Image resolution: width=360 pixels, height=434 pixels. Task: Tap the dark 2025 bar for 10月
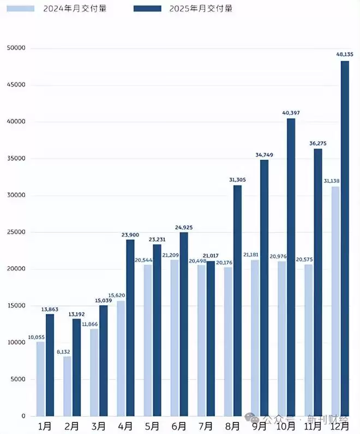coord(291,267)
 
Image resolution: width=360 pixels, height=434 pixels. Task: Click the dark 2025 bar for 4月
coord(130,328)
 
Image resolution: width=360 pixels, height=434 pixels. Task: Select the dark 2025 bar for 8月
coord(237,300)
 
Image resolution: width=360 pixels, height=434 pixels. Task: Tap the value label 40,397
coord(290,112)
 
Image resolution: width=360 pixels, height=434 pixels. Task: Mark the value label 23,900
coord(130,234)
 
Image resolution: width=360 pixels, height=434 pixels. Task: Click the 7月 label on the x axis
coord(206,425)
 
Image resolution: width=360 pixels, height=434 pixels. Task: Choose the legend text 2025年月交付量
coord(200,8)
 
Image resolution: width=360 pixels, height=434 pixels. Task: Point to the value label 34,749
coord(264,155)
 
